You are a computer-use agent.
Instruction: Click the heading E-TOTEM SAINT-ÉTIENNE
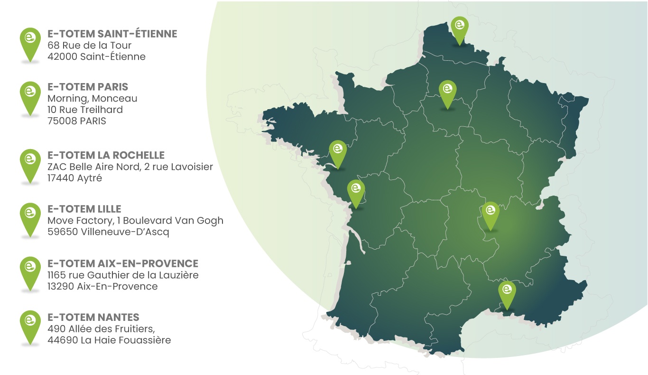[x=112, y=34]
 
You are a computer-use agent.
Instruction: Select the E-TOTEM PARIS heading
[x=88, y=87]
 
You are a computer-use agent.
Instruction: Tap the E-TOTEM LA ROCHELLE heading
[x=106, y=155]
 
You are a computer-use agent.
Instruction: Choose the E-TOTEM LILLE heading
[x=84, y=209]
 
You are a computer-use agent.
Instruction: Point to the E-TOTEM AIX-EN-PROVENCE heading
[x=123, y=263]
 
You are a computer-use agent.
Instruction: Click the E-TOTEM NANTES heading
[x=93, y=317]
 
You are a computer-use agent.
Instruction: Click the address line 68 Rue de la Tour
[x=90, y=46]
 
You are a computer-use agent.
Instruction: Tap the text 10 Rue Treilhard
[x=85, y=110]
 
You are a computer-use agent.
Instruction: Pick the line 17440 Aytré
[x=75, y=178]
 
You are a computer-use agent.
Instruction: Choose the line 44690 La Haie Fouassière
[x=109, y=340]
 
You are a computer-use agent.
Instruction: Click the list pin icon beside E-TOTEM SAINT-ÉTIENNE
[x=30, y=43]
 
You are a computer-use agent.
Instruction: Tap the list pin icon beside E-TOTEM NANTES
[x=30, y=326]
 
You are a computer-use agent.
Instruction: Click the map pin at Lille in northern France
[x=459, y=28]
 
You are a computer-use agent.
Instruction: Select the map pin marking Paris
[x=447, y=92]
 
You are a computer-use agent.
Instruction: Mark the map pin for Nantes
[x=338, y=151]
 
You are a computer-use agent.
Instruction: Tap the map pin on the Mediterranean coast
[x=507, y=292]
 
